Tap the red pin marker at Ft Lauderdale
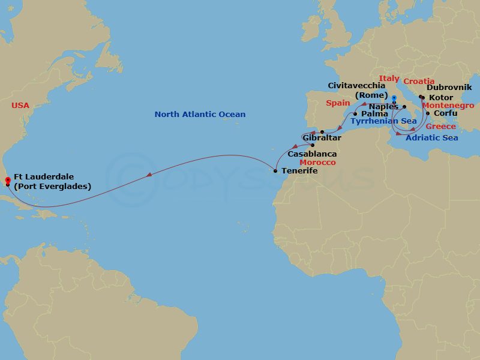(x=7, y=179)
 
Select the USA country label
(x=20, y=106)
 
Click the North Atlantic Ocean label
(x=200, y=115)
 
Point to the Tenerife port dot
(x=275, y=172)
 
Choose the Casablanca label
(x=312, y=154)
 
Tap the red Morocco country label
(x=317, y=163)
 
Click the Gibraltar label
(x=322, y=139)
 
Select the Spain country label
(x=338, y=103)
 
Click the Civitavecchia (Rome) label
(x=356, y=91)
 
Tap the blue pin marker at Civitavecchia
(x=394, y=98)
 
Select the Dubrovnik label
(x=449, y=88)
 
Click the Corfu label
(x=445, y=113)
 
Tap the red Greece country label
(x=440, y=127)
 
